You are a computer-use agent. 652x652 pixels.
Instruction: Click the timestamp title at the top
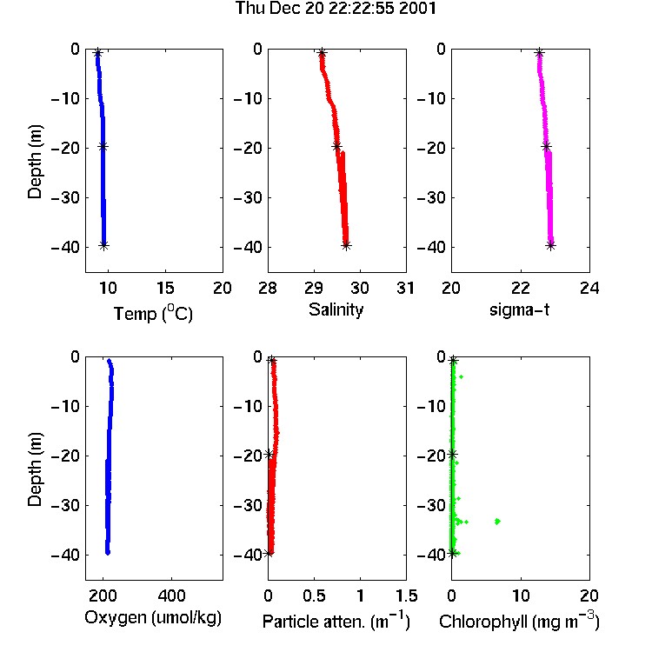point(336,9)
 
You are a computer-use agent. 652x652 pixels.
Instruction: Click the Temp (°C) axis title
point(153,313)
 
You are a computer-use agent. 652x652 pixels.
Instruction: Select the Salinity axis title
point(336,309)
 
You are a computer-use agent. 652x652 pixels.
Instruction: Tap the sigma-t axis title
point(519,309)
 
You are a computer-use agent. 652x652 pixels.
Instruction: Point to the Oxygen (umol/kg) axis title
point(153,618)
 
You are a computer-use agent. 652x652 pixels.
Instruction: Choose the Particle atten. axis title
point(336,621)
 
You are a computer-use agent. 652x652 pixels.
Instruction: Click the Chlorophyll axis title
point(519,621)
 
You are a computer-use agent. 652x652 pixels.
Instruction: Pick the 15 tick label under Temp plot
point(165,288)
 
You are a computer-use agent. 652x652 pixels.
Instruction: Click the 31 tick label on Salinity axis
point(405,288)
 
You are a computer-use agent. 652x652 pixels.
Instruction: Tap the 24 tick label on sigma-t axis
point(589,288)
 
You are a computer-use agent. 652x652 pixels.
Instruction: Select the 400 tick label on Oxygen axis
point(171,595)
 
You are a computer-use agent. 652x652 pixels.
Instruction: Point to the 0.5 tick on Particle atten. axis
point(314,595)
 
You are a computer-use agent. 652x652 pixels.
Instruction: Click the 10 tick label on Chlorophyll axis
point(521,595)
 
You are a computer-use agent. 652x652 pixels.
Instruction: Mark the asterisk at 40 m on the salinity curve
point(346,245)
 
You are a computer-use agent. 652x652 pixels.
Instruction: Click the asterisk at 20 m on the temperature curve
point(103,146)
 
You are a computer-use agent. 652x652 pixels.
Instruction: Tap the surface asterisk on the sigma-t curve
point(539,53)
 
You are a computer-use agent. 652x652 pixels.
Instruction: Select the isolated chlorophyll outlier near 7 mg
point(497,521)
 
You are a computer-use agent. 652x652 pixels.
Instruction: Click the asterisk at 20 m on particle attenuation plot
point(269,455)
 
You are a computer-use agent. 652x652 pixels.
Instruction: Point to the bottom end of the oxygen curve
point(108,553)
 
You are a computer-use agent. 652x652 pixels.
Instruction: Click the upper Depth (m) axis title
point(35,162)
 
